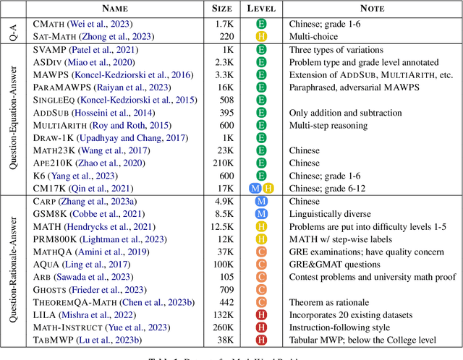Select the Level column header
(x=261, y=8)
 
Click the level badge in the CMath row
(x=261, y=23)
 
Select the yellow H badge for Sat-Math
(x=261, y=35)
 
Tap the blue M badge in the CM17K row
(x=255, y=189)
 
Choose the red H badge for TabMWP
(x=261, y=340)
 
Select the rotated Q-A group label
(x=12, y=30)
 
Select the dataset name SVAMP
(x=49, y=51)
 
